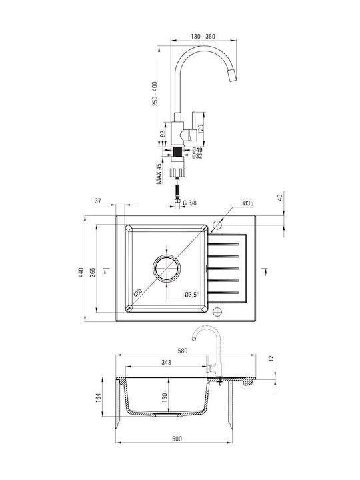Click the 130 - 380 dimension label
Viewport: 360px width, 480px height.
(203, 37)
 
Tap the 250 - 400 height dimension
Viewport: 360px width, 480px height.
(155, 94)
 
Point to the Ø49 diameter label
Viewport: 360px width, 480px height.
(197, 150)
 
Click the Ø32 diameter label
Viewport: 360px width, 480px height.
(197, 156)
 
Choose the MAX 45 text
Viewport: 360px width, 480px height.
(159, 174)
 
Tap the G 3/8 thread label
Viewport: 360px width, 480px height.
(190, 203)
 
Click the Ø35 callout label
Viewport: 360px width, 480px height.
(248, 203)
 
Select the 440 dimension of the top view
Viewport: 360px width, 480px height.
(81, 273)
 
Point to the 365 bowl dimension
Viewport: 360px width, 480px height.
(93, 273)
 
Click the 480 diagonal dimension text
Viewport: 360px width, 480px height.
(138, 293)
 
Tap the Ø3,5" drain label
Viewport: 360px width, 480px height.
(191, 295)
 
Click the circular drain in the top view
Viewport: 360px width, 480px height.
(167, 268)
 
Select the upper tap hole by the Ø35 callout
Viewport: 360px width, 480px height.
(217, 225)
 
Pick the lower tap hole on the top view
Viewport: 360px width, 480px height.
(217, 311)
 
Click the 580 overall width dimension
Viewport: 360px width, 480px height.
(183, 351)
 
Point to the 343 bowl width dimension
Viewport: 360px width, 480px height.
(166, 363)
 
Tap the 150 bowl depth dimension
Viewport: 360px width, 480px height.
(165, 397)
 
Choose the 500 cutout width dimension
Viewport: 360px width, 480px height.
(177, 439)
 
